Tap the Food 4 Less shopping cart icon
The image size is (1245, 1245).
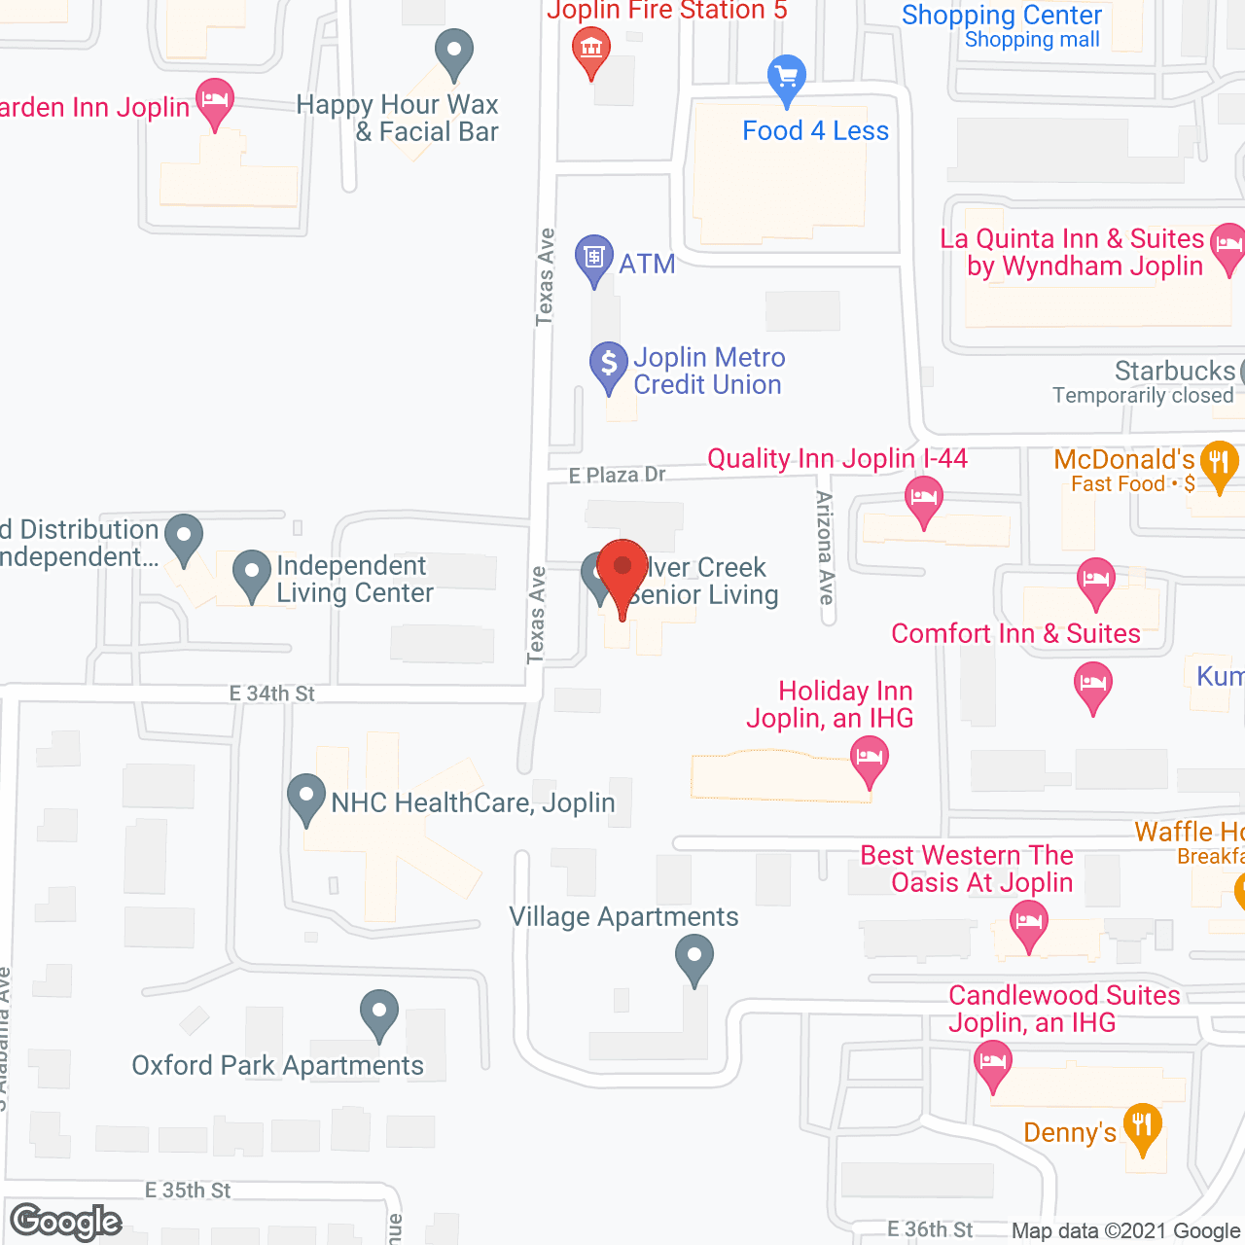[787, 77]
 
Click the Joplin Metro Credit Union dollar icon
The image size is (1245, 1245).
[609, 365]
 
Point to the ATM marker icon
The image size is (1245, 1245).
[593, 258]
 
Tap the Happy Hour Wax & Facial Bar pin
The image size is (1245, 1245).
[453, 51]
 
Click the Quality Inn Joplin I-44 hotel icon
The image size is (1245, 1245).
[923, 499]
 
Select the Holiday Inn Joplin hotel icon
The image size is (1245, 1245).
[870, 758]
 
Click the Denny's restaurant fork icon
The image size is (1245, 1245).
[1142, 1126]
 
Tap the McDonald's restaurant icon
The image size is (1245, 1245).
[1219, 462]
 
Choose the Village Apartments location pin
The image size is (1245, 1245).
[694, 956]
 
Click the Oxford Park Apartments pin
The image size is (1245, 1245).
[379, 1013]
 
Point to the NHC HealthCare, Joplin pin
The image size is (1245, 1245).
[306, 797]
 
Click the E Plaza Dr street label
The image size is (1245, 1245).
[617, 475]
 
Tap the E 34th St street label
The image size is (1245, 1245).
[272, 694]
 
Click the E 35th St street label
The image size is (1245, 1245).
[188, 1191]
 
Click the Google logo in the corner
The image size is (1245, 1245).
[66, 1222]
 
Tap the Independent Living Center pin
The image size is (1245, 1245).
[252, 573]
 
